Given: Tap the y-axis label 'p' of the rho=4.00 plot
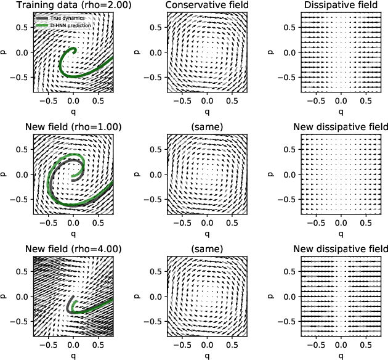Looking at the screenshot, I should pos(6,296).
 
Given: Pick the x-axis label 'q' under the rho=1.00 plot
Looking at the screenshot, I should pos(74,232).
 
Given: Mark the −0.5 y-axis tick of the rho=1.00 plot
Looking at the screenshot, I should pos(20,199).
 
